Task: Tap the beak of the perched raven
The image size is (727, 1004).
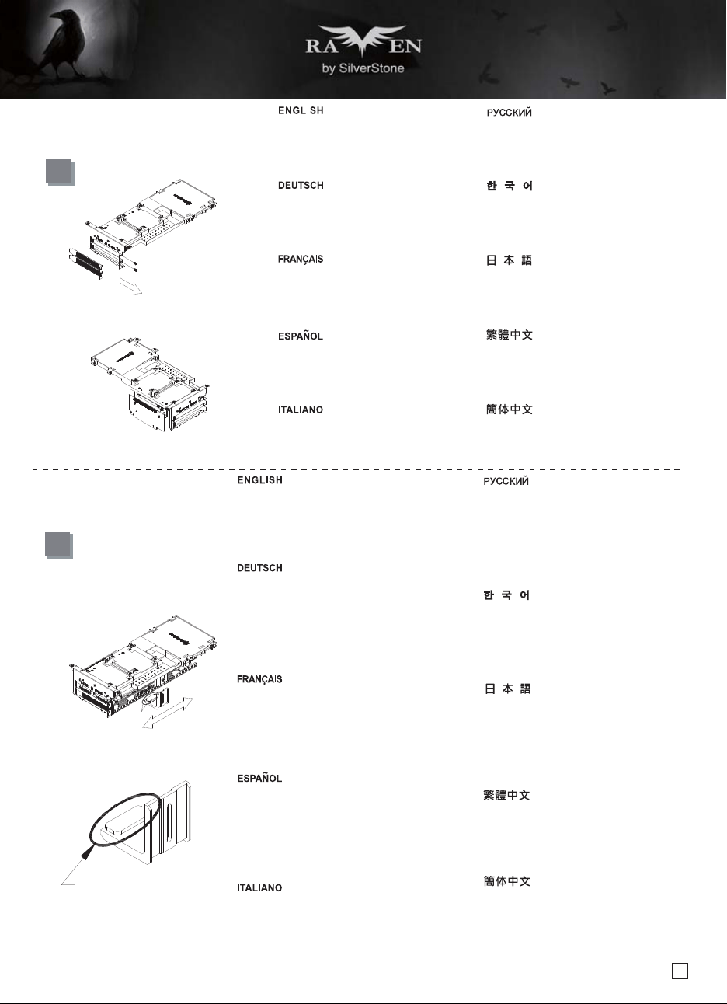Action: pyautogui.click(x=53, y=16)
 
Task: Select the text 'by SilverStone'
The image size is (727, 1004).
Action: pyautogui.click(x=363, y=68)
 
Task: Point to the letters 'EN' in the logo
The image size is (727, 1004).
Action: pyautogui.click(x=405, y=46)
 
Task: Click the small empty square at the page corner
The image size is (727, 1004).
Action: pyautogui.click(x=680, y=971)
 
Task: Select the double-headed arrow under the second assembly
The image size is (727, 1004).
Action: pyautogui.click(x=167, y=713)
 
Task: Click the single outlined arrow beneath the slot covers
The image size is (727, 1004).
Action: pyautogui.click(x=130, y=286)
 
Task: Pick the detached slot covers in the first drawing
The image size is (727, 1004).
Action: pyautogui.click(x=86, y=263)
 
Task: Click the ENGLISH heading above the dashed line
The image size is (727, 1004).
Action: pyautogui.click(x=301, y=110)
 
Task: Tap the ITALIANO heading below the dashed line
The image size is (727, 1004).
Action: pyautogui.click(x=259, y=888)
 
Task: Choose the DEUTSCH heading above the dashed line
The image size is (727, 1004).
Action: pyautogui.click(x=301, y=186)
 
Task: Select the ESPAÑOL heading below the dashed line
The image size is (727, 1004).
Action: pyautogui.click(x=259, y=778)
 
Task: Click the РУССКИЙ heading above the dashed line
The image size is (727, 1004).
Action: pyautogui.click(x=509, y=113)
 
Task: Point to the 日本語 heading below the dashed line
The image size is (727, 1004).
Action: pyautogui.click(x=507, y=689)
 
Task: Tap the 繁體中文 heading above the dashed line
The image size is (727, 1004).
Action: pyautogui.click(x=510, y=335)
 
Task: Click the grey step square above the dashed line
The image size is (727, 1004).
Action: pyautogui.click(x=60, y=172)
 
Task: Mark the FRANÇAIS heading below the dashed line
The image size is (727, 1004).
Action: pyautogui.click(x=259, y=679)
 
